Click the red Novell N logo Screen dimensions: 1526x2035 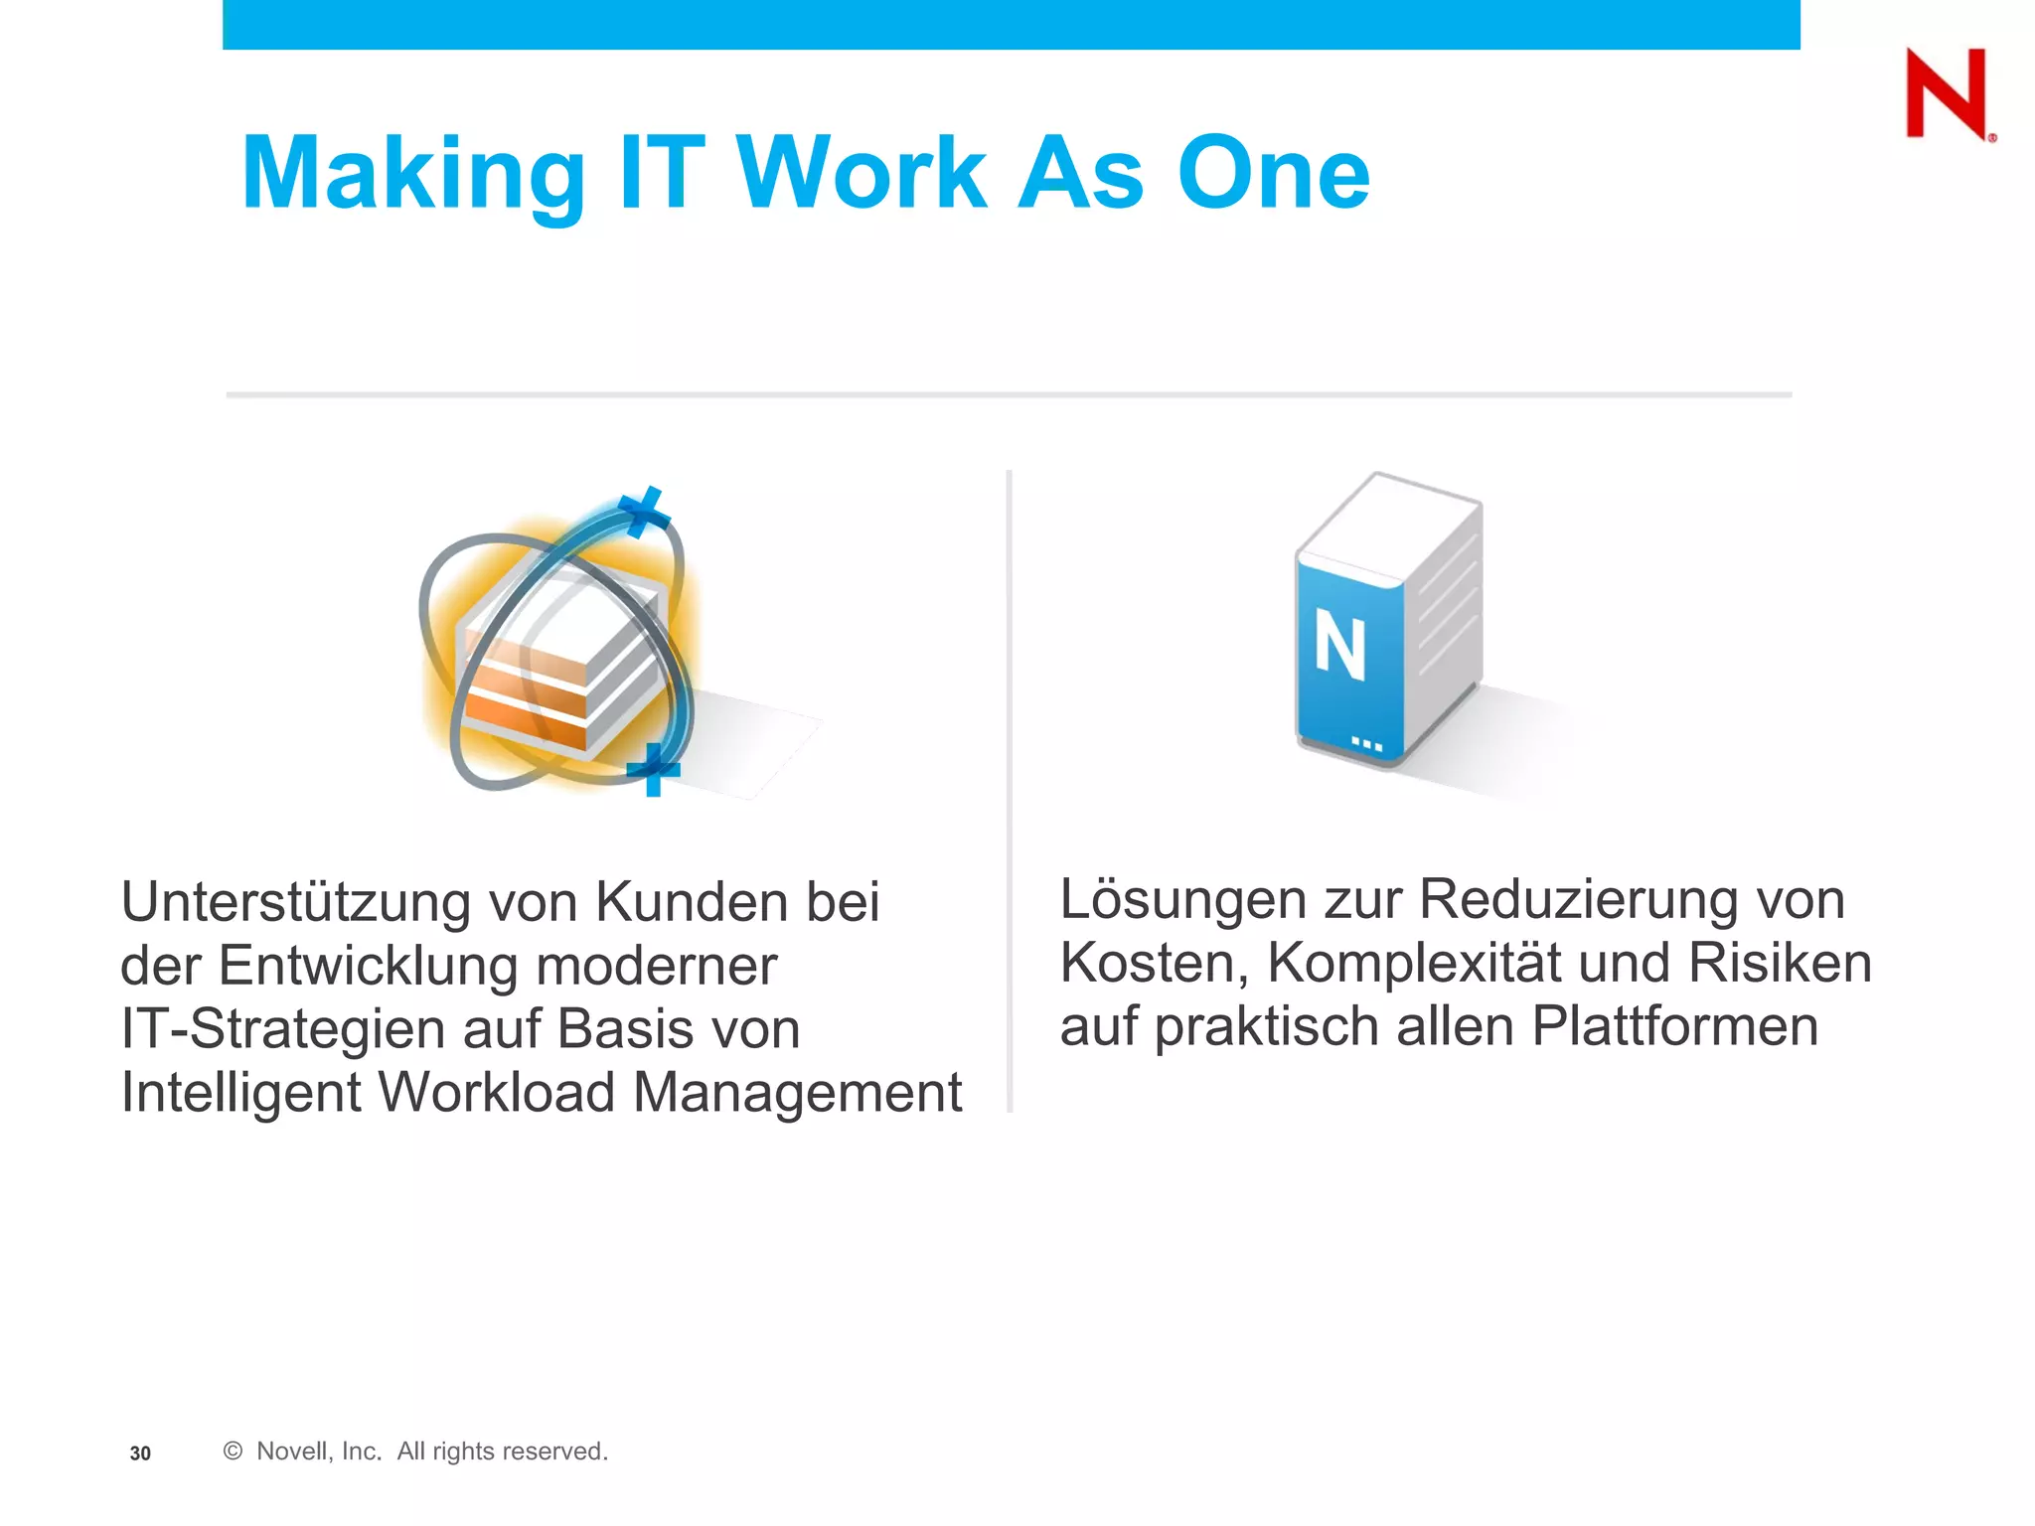1947,93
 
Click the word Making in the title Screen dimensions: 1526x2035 413,175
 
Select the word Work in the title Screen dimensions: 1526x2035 861,175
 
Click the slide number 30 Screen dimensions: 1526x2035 140,1453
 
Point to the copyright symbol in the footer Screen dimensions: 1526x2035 233,1451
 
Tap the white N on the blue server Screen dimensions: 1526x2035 1339,645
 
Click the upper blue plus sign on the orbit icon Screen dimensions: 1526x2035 644,513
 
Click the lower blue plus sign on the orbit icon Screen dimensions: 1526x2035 653,769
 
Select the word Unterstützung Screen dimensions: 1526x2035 296,902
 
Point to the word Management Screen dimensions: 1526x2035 797,1093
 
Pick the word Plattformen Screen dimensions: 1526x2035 1674,1027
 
